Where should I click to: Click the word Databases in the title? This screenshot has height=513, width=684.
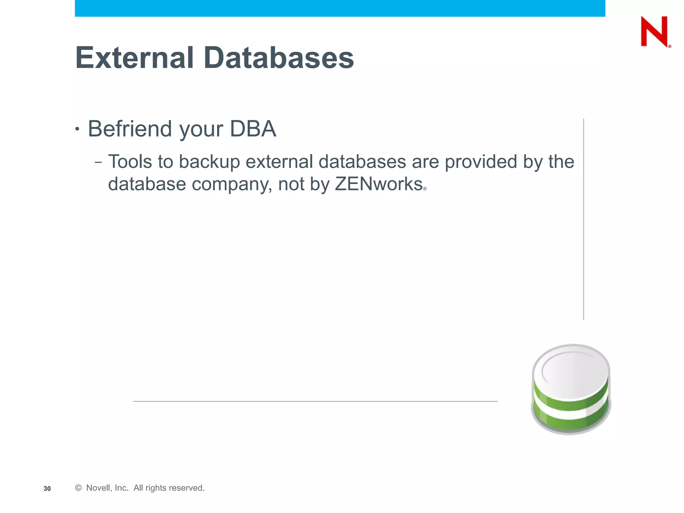pyautogui.click(x=279, y=58)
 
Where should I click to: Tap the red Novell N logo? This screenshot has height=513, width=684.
pyautogui.click(x=654, y=32)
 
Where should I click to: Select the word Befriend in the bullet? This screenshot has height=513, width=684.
pyautogui.click(x=130, y=129)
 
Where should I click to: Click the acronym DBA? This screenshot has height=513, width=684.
pyautogui.click(x=253, y=129)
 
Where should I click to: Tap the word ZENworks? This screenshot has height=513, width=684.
pyautogui.click(x=378, y=184)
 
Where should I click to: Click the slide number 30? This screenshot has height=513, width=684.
pyautogui.click(x=47, y=489)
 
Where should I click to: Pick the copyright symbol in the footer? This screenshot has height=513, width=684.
pyautogui.click(x=78, y=488)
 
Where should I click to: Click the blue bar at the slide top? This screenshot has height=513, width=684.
pyautogui.click(x=340, y=8)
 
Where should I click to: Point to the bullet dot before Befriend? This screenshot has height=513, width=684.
pyautogui.click(x=77, y=129)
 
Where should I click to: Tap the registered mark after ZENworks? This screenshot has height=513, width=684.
pyautogui.click(x=425, y=189)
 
